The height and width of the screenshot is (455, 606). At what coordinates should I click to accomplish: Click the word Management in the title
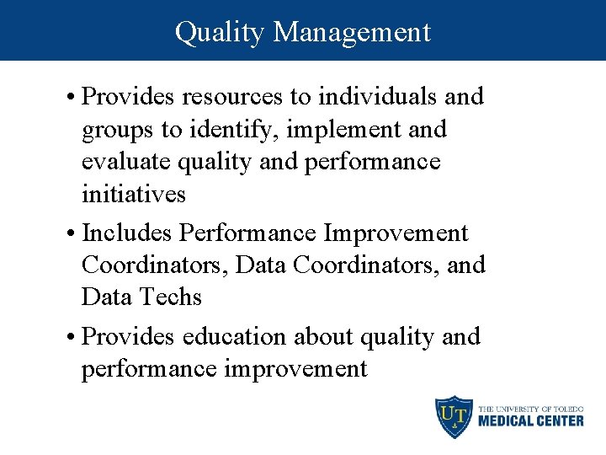[x=352, y=32]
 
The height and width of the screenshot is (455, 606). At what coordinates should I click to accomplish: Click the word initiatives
[x=134, y=194]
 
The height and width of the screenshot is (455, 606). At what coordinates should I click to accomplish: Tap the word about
[x=323, y=336]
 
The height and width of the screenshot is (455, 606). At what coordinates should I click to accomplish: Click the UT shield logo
[x=453, y=415]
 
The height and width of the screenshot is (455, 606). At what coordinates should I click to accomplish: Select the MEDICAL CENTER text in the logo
[x=530, y=420]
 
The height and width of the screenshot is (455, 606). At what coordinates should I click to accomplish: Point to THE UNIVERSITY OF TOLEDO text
[x=530, y=407]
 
